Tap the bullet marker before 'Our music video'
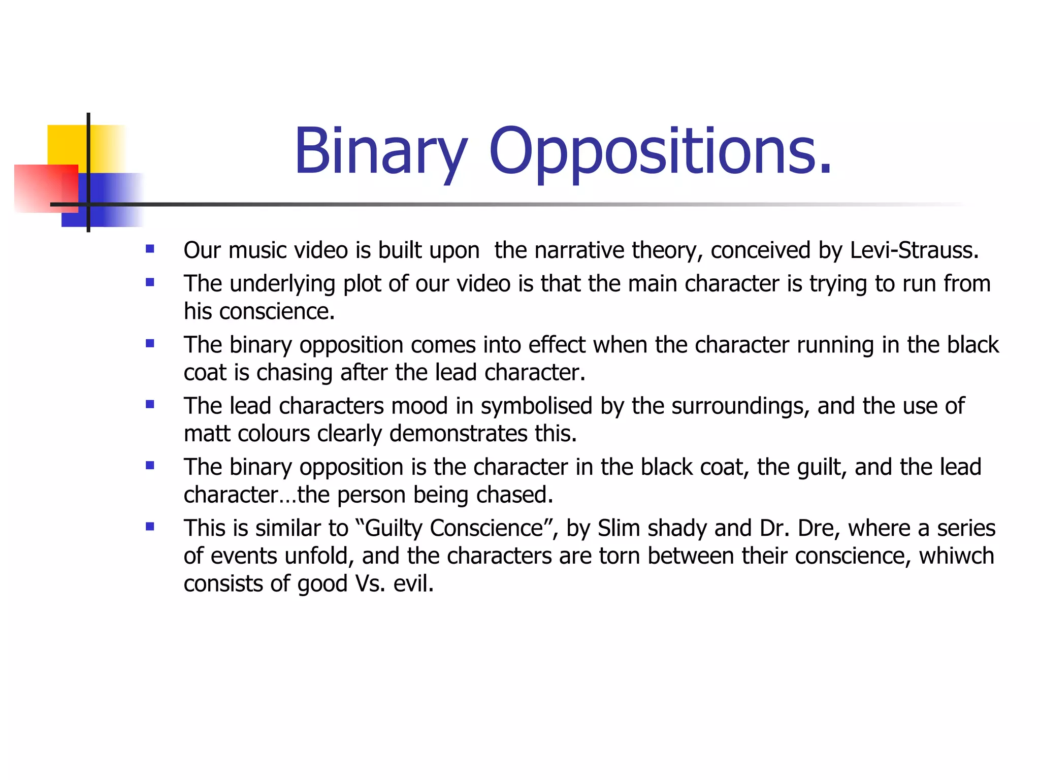150,249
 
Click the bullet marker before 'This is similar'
150,527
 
